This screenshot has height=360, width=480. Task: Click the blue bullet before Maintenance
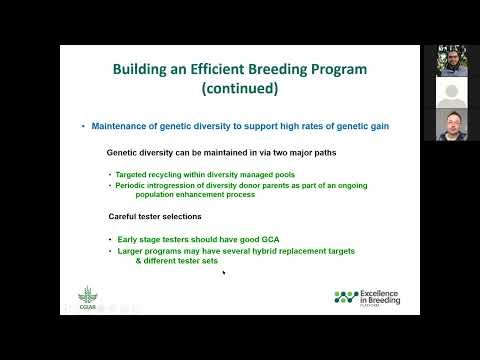(x=83, y=126)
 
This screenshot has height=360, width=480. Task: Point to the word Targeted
(x=134, y=175)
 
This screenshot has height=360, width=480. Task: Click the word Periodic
(x=133, y=185)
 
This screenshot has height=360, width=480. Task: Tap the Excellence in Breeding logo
(x=370, y=297)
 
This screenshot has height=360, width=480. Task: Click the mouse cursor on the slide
(x=223, y=272)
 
